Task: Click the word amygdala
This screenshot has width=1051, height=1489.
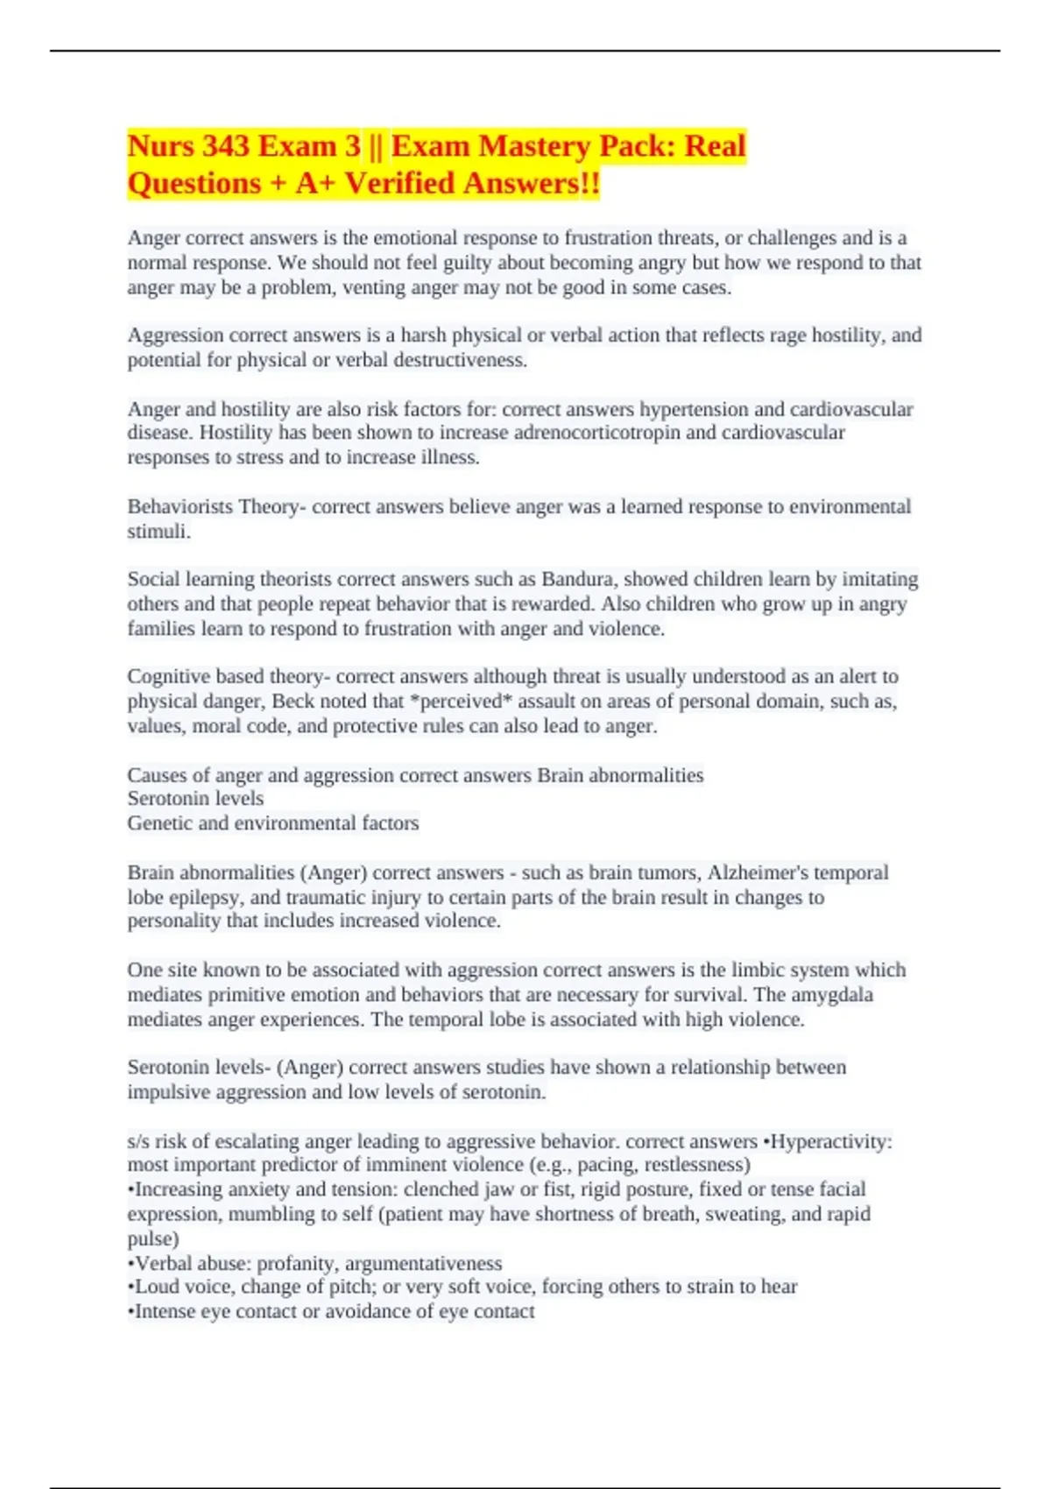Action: click(832, 994)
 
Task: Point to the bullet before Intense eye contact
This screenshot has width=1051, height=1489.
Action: click(131, 1311)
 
